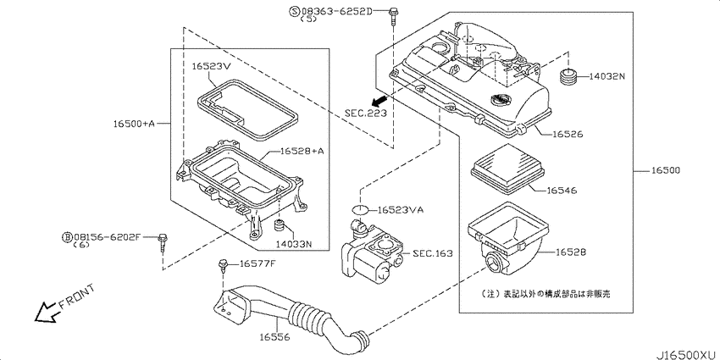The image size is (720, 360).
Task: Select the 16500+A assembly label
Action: click(135, 124)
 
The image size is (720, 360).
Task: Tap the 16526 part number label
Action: click(570, 134)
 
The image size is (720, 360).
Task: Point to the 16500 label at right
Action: click(665, 171)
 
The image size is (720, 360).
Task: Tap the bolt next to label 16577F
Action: click(224, 265)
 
